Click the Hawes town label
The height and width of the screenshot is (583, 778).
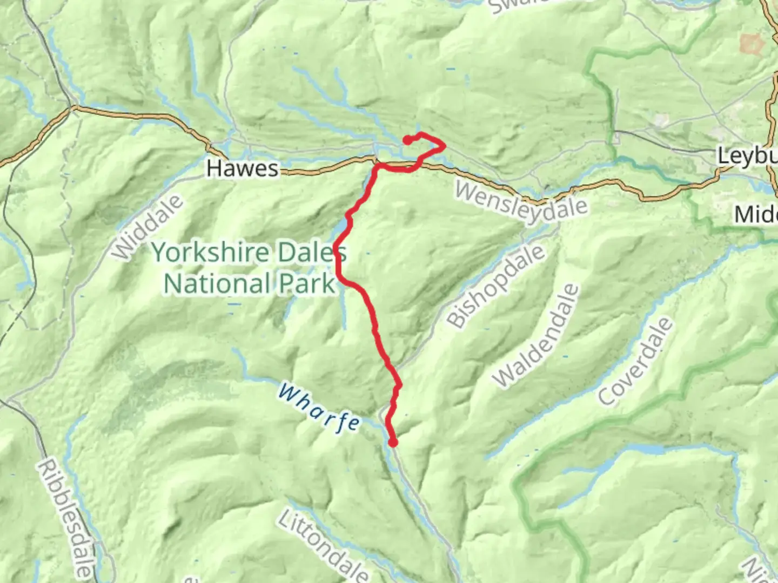[x=242, y=168]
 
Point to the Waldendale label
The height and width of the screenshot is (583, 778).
[x=536, y=336]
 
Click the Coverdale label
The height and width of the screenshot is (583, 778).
[x=636, y=362]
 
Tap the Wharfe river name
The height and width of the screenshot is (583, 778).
[x=319, y=408]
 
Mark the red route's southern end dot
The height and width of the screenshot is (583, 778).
[x=393, y=443]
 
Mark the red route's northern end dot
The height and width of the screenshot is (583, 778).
[x=407, y=140]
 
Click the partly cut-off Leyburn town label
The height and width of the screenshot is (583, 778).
[x=747, y=157]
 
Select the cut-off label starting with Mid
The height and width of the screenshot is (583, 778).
[x=755, y=215]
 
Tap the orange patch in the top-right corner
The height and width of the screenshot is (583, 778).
[x=749, y=44]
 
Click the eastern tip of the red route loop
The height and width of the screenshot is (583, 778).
[x=444, y=145]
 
